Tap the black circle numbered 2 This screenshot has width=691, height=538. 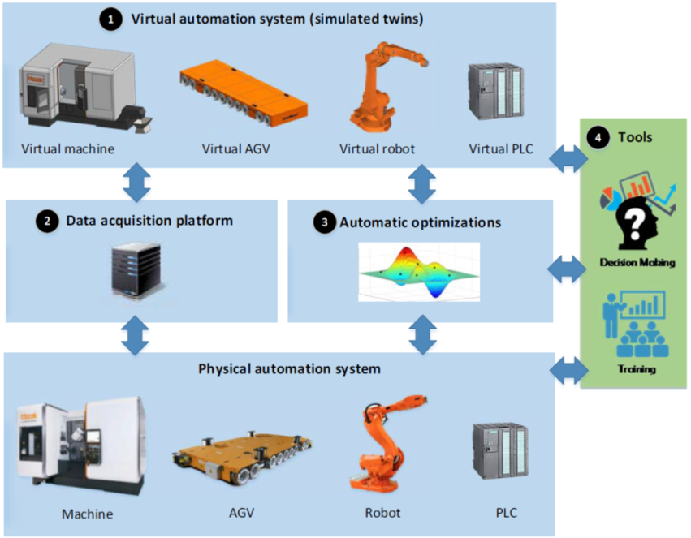pyautogui.click(x=49, y=221)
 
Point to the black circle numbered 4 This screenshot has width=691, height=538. pyautogui.click(x=599, y=138)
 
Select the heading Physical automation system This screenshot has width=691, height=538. pyautogui.click(x=289, y=369)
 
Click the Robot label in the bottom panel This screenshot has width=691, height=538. pyautogui.click(x=382, y=513)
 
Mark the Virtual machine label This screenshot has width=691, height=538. pyautogui.click(x=67, y=149)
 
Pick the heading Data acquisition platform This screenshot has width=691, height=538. pyautogui.click(x=149, y=221)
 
